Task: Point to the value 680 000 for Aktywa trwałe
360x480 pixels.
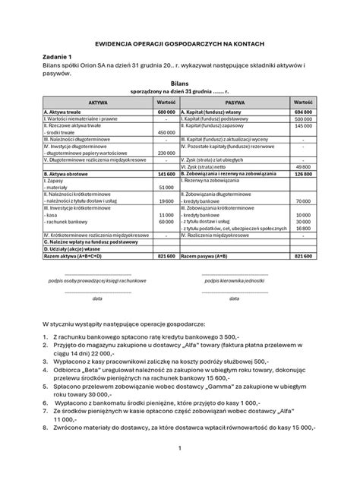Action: pyautogui.click(x=166, y=112)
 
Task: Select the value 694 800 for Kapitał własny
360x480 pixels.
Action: pyautogui.click(x=302, y=112)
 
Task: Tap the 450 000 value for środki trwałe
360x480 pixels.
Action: pyautogui.click(x=167, y=133)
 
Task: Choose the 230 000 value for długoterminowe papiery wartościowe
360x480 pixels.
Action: pyautogui.click(x=167, y=153)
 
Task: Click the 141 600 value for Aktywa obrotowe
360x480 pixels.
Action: pyautogui.click(x=166, y=173)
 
